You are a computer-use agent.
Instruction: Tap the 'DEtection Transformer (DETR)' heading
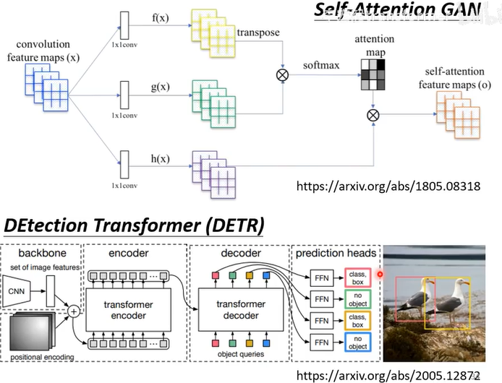[x=133, y=225]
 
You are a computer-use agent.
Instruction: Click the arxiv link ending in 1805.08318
[x=388, y=186]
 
